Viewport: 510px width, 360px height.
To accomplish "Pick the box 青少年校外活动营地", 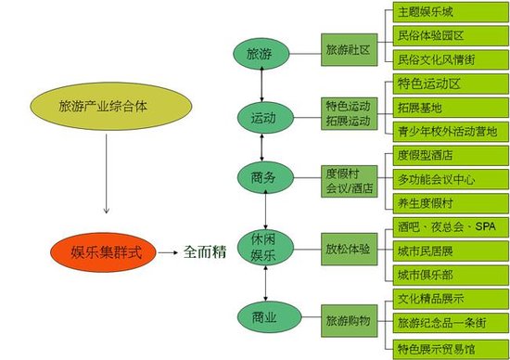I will (x=448, y=131).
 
